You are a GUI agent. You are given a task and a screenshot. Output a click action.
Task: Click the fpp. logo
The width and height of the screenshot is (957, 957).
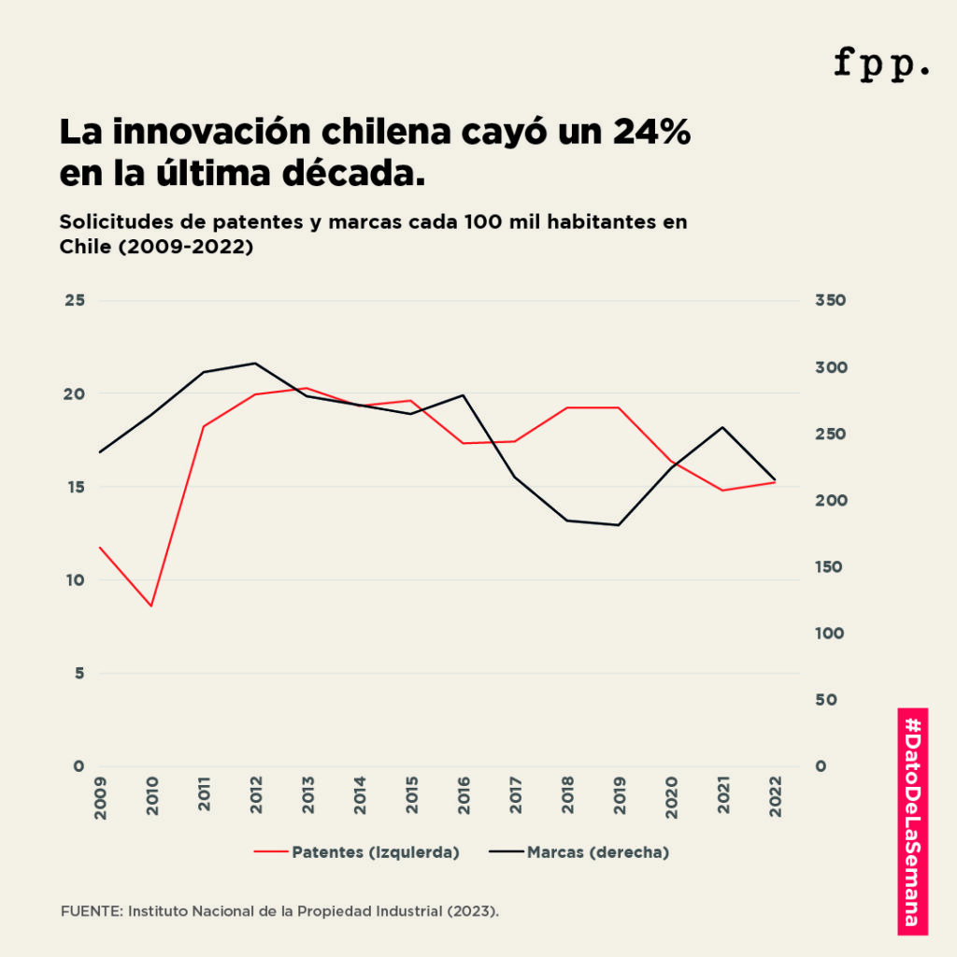(881, 64)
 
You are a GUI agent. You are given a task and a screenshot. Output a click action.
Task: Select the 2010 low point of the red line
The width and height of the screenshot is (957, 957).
(150, 606)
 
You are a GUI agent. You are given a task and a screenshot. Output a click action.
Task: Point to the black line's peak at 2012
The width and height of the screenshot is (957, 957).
(255, 364)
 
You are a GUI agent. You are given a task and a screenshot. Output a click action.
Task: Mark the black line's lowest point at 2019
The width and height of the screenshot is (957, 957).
(618, 525)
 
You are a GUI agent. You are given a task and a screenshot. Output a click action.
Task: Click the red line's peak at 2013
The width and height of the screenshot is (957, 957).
(307, 388)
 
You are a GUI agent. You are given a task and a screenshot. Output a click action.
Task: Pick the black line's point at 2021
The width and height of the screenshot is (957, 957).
(722, 427)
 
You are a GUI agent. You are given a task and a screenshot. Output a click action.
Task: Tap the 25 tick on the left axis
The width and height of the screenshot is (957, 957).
(74, 301)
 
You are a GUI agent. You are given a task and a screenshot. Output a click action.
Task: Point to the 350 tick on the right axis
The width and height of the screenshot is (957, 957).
(830, 301)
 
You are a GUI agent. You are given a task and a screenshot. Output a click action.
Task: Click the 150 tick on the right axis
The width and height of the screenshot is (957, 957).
(830, 567)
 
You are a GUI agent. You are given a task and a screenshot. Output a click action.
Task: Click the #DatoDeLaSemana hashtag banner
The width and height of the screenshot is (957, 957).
(912, 821)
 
